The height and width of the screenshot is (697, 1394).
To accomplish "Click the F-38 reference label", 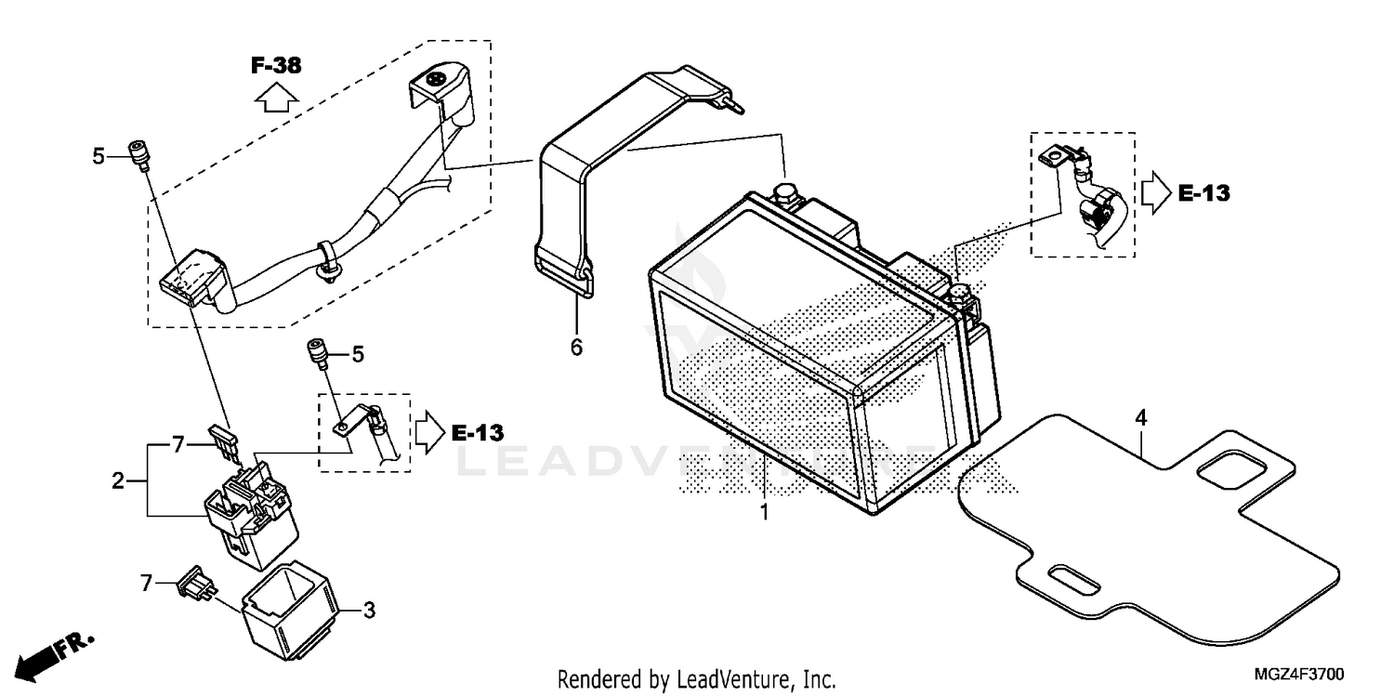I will point(276,65).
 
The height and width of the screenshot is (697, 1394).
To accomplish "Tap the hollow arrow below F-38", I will point(275,96).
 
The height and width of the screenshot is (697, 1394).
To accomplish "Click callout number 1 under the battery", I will point(764,512).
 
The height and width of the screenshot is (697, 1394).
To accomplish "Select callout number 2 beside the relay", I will point(118,480).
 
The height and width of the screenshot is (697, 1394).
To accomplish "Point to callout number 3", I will point(369,611).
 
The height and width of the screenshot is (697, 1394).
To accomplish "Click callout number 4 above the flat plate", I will point(1140,418).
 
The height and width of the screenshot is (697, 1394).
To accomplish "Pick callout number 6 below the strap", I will point(576,348).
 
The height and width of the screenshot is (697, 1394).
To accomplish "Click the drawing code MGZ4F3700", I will point(1298,673).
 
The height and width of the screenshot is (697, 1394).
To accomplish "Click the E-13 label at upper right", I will point(1203,193).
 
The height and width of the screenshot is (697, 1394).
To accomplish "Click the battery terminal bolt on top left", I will point(784,193).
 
